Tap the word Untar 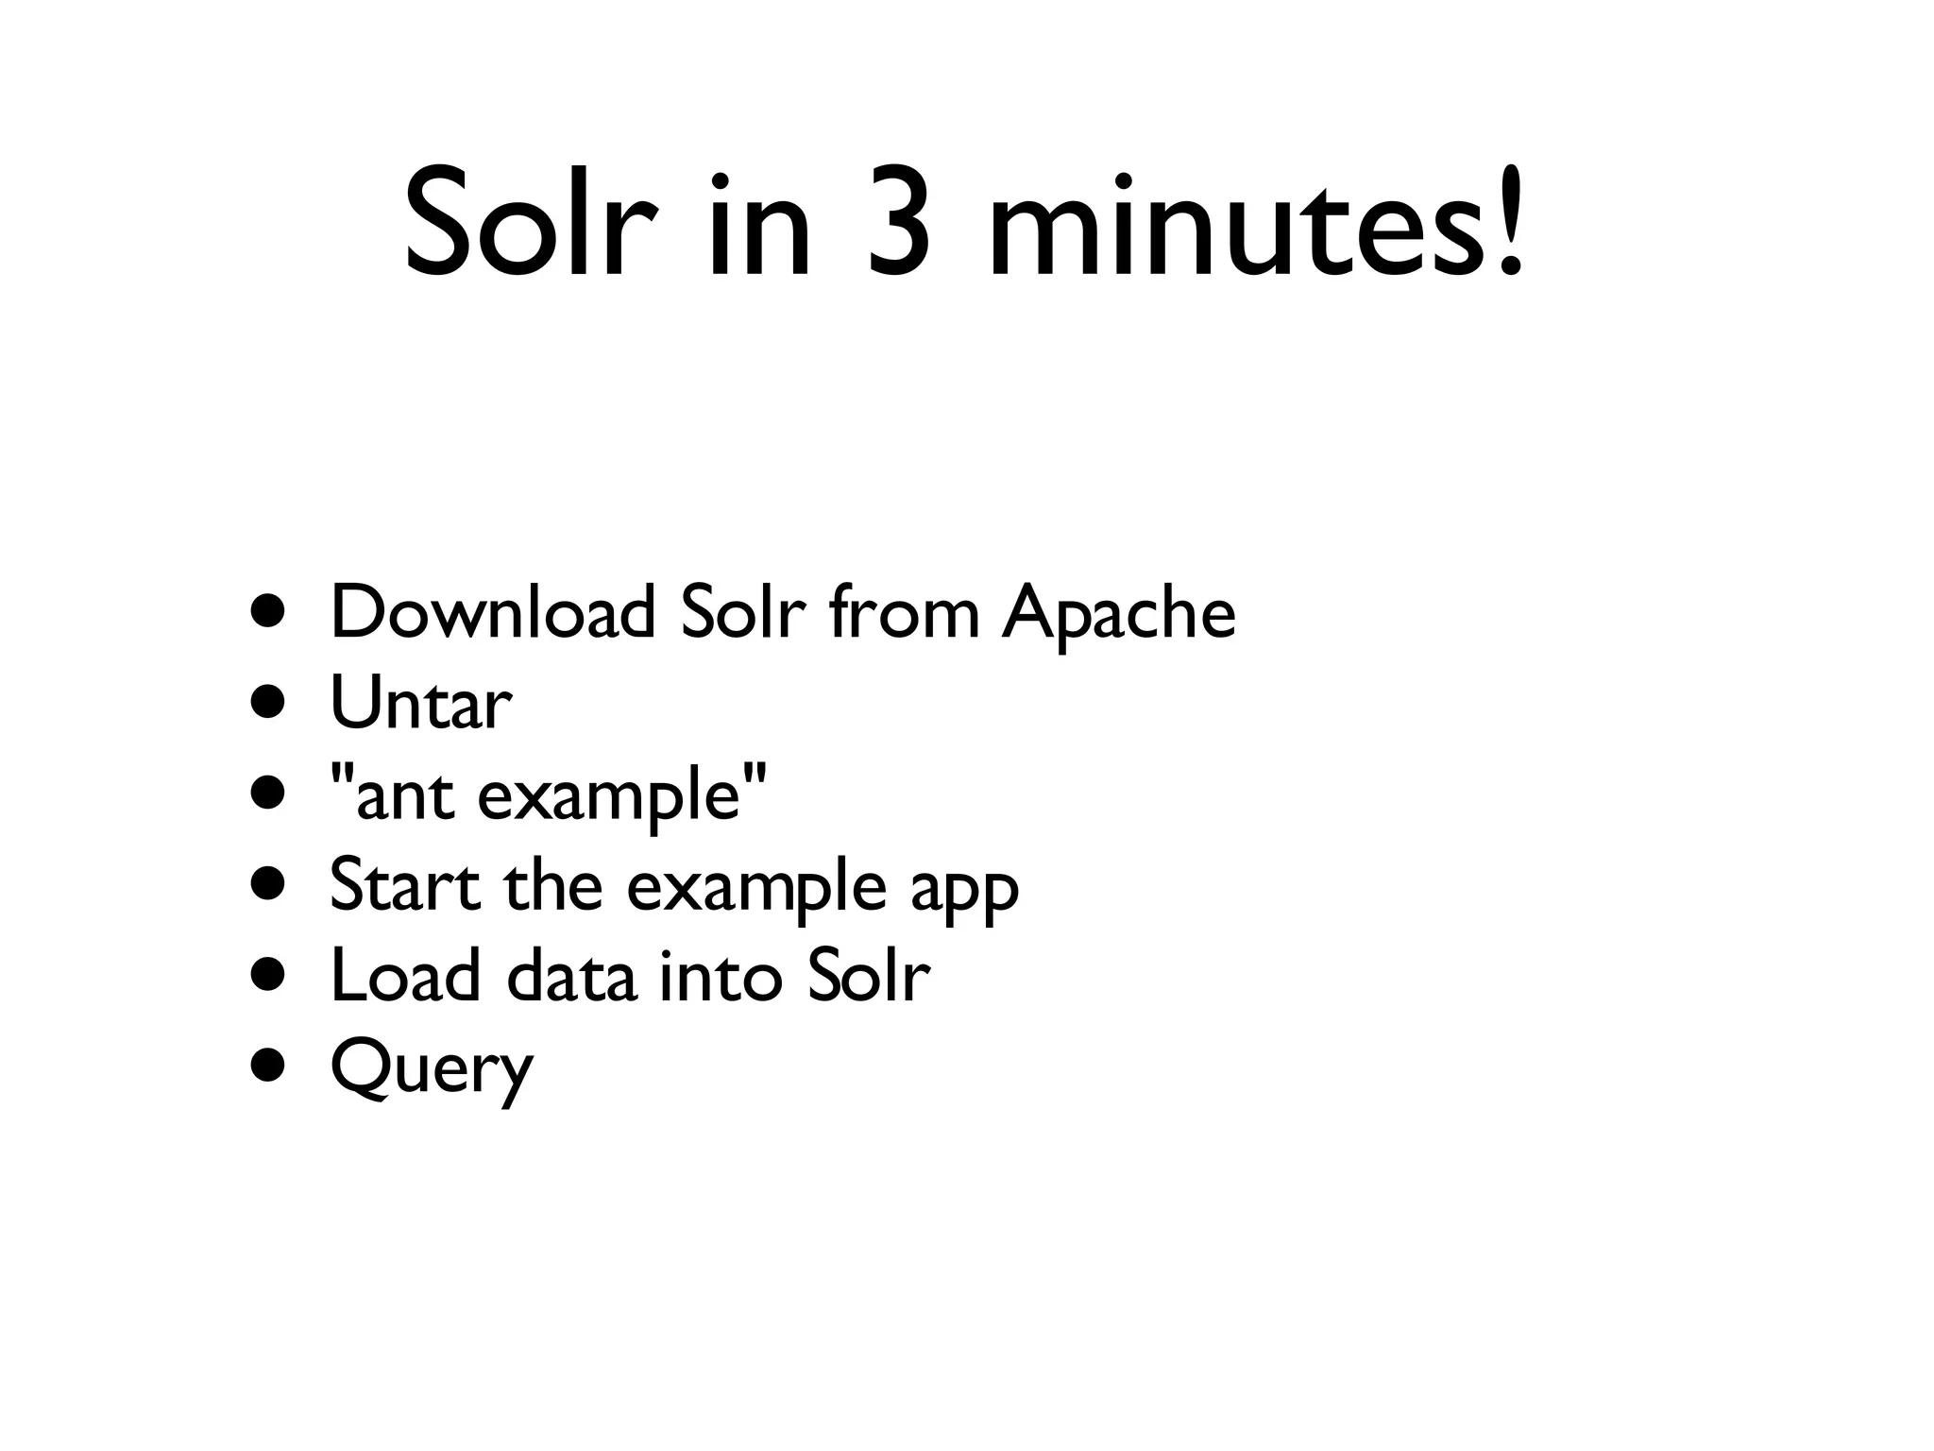click(421, 704)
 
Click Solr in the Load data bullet click(868, 976)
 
